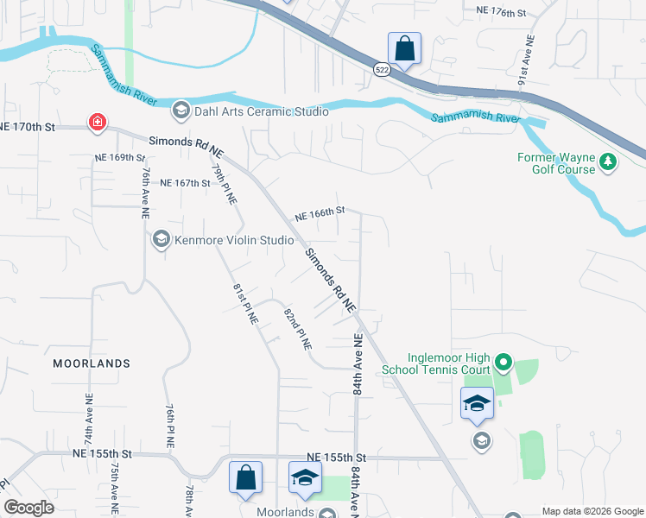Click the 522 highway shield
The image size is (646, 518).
(382, 68)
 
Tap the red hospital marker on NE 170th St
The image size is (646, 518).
(98, 123)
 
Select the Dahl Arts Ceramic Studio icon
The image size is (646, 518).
(180, 110)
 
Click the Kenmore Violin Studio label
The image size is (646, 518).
(222, 240)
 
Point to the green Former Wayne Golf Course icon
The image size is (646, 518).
(608, 161)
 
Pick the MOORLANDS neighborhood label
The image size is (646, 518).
(91, 363)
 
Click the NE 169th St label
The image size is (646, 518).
(120, 158)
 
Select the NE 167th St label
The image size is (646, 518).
(186, 183)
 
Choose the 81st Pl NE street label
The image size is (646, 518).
(245, 304)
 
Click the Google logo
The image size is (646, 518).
(28, 508)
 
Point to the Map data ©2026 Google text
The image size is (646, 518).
(592, 511)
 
